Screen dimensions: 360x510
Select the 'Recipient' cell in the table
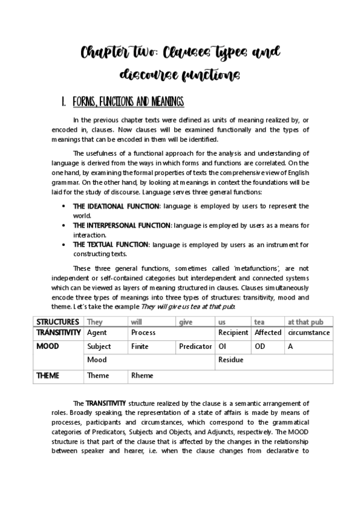233,333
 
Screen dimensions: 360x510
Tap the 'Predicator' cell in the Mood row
195,347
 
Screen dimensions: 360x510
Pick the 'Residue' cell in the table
230,360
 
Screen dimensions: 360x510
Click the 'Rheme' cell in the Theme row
142,376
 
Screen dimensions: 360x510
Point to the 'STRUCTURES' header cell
58,322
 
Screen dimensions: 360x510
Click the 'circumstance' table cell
308,333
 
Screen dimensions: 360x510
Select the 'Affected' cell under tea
268,333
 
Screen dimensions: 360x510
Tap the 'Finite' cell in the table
139,347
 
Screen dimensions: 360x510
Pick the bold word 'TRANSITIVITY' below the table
106,403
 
